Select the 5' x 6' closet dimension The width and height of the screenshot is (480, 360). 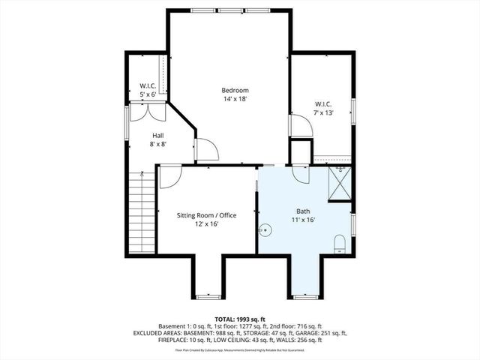pyautogui.click(x=148, y=94)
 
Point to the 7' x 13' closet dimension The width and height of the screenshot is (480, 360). pyautogui.click(x=324, y=112)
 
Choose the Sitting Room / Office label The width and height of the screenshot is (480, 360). pyautogui.click(x=206, y=215)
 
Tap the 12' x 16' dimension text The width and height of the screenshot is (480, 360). pyautogui.click(x=206, y=223)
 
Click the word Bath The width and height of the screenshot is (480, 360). pyautogui.click(x=303, y=212)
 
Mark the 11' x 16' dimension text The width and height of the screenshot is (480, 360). pyautogui.click(x=303, y=220)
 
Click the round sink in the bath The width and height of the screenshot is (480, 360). pyautogui.click(x=265, y=231)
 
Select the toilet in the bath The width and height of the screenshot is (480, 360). pyautogui.click(x=339, y=243)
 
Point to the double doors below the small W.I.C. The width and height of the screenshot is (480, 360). pyautogui.click(x=148, y=112)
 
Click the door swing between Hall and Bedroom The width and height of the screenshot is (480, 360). pyautogui.click(x=205, y=149)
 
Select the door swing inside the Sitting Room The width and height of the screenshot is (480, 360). pyautogui.click(x=169, y=176)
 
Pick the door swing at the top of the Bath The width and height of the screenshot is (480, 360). pyautogui.click(x=301, y=174)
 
